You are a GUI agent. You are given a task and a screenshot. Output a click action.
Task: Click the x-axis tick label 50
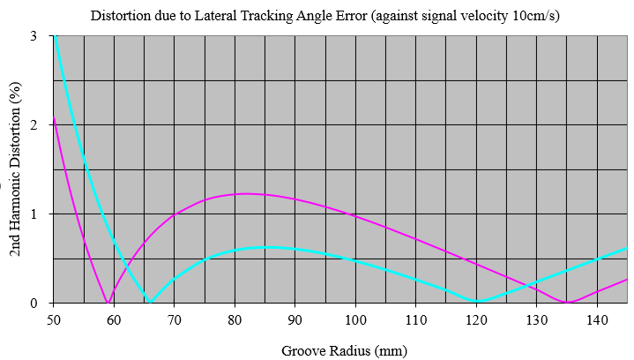[53, 318]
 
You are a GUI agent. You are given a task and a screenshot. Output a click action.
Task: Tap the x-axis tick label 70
[175, 318]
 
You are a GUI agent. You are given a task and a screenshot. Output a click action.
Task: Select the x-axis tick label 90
[295, 318]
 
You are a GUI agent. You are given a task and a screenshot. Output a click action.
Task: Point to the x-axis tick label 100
[355, 318]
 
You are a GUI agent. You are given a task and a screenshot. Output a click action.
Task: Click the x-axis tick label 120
[477, 318]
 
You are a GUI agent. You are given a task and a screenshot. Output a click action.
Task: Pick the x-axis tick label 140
[598, 318]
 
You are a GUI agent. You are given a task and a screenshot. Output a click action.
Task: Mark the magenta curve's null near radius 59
[108, 302]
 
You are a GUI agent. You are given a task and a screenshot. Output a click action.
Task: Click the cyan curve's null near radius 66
[150, 301]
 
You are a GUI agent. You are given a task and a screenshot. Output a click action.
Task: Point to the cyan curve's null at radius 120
[477, 301]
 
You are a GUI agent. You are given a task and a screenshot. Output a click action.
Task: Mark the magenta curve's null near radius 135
[567, 302]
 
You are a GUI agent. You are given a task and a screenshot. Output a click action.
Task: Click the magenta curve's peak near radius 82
[247, 193]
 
